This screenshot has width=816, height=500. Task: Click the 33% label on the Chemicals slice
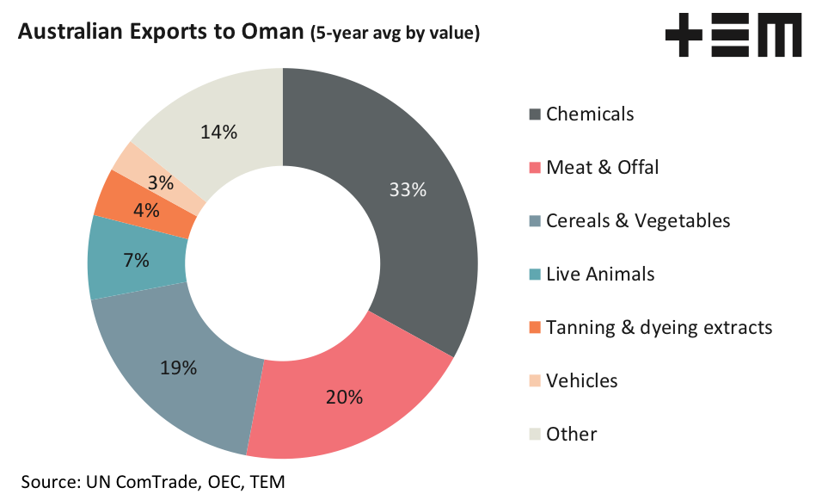(x=408, y=190)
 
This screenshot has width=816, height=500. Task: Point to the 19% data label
(x=179, y=368)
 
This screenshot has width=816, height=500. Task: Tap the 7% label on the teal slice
(x=136, y=260)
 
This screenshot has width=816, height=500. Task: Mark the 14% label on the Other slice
(x=219, y=132)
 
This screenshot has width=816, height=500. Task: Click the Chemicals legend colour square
(x=535, y=114)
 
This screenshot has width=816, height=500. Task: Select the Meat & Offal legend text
(x=602, y=167)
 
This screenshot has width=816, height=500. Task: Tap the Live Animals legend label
(x=600, y=274)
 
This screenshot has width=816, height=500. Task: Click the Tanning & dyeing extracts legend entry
(x=659, y=327)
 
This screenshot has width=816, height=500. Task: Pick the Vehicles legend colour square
(x=535, y=381)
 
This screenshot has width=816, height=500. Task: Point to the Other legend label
(x=571, y=434)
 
